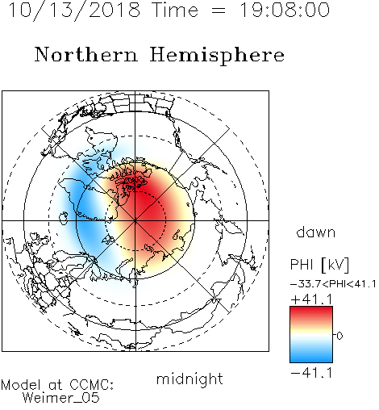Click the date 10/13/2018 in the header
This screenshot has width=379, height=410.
point(74,10)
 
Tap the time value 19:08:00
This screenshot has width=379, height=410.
point(285,10)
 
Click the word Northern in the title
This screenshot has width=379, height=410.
point(86,55)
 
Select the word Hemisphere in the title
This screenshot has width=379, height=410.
point(217,56)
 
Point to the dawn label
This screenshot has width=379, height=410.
point(316,232)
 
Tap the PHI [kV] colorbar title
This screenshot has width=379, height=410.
point(319,265)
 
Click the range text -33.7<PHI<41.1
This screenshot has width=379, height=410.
point(333,284)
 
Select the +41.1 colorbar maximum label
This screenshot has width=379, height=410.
point(311,299)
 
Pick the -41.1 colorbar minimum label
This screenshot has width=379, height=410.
point(311,373)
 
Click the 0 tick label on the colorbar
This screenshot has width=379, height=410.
point(339,336)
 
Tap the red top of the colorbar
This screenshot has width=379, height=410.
point(311,312)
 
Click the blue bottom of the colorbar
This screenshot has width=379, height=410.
point(311,357)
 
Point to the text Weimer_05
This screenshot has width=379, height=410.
point(61,398)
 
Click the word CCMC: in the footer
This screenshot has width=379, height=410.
point(92,385)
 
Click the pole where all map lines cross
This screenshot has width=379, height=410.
point(135,221)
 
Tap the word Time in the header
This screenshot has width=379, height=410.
point(175,10)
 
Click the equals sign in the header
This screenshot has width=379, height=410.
point(219,11)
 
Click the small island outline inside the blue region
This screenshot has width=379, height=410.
point(64,218)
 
